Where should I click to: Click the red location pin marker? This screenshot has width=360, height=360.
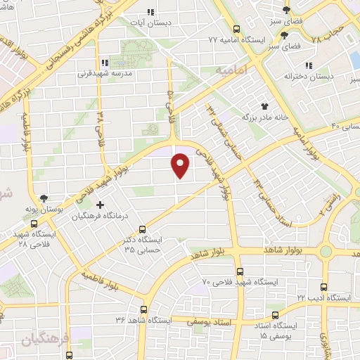181,165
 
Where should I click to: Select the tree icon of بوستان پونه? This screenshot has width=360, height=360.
45,199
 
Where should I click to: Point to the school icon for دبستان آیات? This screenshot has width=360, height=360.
150,12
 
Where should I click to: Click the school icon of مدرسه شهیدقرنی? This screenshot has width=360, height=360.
104,61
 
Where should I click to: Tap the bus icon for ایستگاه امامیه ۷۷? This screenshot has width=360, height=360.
236,30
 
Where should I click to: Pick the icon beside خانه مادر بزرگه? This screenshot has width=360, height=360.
265,105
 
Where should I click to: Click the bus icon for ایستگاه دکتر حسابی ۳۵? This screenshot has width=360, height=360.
143,229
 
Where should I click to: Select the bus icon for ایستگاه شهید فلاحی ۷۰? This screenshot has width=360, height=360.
240,271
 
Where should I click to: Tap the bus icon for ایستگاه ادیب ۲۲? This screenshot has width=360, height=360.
323,287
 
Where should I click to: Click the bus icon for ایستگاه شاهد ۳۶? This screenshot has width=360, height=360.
144,309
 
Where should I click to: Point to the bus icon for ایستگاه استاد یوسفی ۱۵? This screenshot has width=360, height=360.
275,314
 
